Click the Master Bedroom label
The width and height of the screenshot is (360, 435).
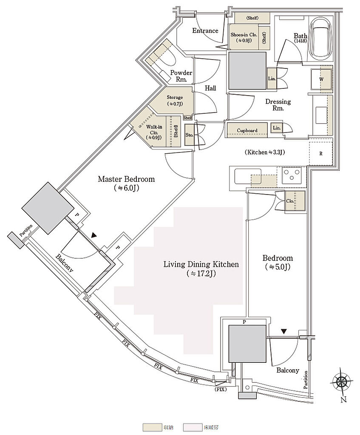tap(126, 179)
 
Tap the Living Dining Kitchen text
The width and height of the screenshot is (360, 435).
tap(201, 264)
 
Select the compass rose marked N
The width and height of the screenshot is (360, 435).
tap(342, 382)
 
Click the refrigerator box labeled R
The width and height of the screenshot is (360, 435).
tap(320, 153)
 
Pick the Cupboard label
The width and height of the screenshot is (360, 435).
tap(247, 130)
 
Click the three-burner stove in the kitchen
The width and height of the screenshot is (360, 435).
tap(292, 175)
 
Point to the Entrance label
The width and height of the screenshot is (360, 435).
tap(205, 31)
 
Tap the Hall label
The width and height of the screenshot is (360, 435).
tap(210, 88)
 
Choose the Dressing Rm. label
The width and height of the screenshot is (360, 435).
tap(278, 105)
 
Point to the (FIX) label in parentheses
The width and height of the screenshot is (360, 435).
tap(220, 389)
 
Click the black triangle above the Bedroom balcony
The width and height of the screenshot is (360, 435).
tap(283, 331)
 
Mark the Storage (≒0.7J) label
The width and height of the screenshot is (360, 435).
tap(175, 100)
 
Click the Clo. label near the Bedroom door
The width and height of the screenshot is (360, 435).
tap(289, 201)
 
